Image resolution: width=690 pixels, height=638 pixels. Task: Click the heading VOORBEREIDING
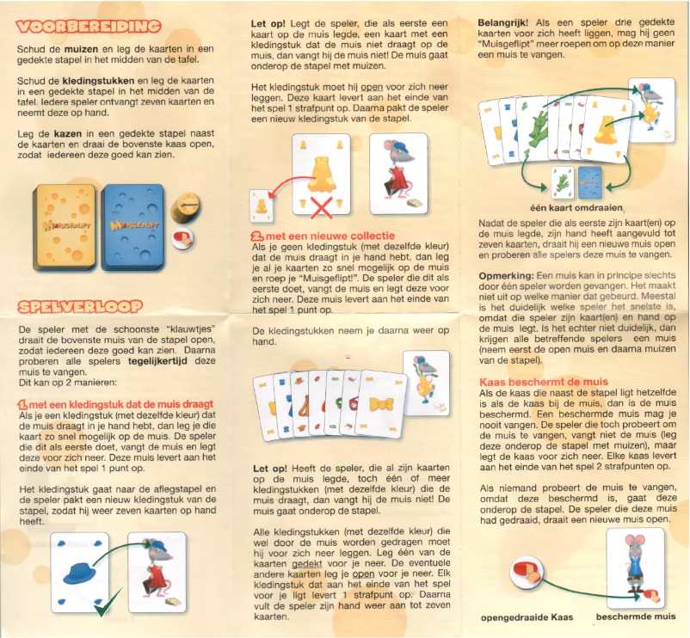(x=89, y=27)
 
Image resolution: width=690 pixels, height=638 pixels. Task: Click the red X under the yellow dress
(x=323, y=206)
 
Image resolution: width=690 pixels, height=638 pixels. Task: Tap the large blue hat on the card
(x=83, y=572)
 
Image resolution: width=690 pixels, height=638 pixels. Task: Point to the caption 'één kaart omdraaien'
(x=578, y=207)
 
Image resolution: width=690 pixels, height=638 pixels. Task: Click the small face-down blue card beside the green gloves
(x=589, y=181)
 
